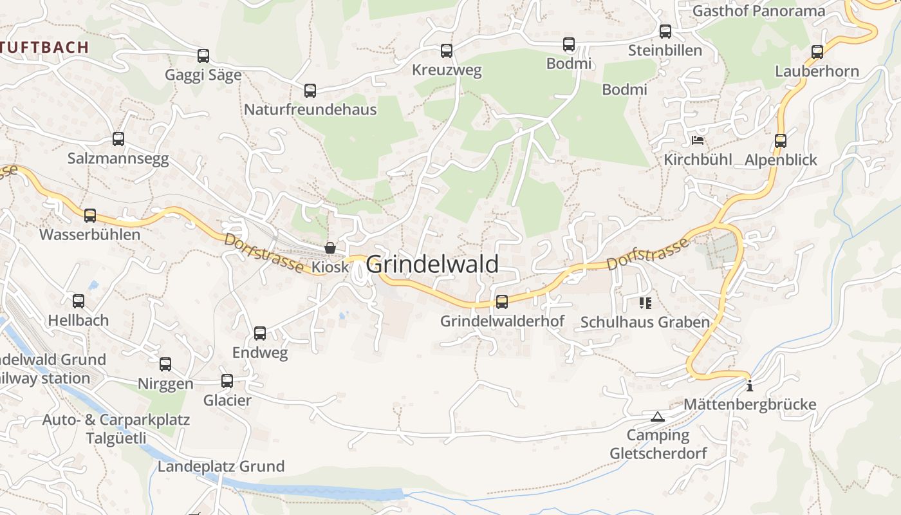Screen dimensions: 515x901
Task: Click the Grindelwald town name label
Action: click(432, 265)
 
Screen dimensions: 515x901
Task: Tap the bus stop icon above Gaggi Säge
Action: click(203, 56)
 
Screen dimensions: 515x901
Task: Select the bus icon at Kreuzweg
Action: click(447, 51)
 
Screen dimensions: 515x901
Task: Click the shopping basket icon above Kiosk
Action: click(330, 248)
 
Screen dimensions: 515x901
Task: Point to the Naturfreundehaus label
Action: click(310, 109)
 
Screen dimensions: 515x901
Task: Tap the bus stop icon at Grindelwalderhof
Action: click(502, 301)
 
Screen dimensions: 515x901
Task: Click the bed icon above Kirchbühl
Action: click(698, 140)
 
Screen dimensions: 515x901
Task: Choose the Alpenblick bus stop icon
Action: click(781, 140)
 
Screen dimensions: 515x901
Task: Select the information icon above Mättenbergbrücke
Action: click(749, 386)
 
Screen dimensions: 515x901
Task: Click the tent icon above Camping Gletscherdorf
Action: click(657, 417)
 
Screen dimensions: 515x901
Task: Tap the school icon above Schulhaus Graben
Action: click(645, 303)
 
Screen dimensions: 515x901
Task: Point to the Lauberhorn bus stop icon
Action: click(817, 52)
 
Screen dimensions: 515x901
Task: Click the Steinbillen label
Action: click(665, 50)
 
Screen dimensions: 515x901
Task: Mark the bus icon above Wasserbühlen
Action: click(90, 216)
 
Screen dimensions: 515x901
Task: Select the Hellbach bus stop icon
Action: click(79, 301)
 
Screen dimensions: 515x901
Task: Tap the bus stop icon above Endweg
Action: click(260, 333)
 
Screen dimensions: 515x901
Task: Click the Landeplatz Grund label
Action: click(221, 466)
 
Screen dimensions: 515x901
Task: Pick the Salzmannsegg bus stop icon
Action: click(118, 139)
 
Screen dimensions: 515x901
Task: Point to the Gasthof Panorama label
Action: click(758, 11)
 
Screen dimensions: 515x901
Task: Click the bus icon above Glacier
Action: click(227, 381)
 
